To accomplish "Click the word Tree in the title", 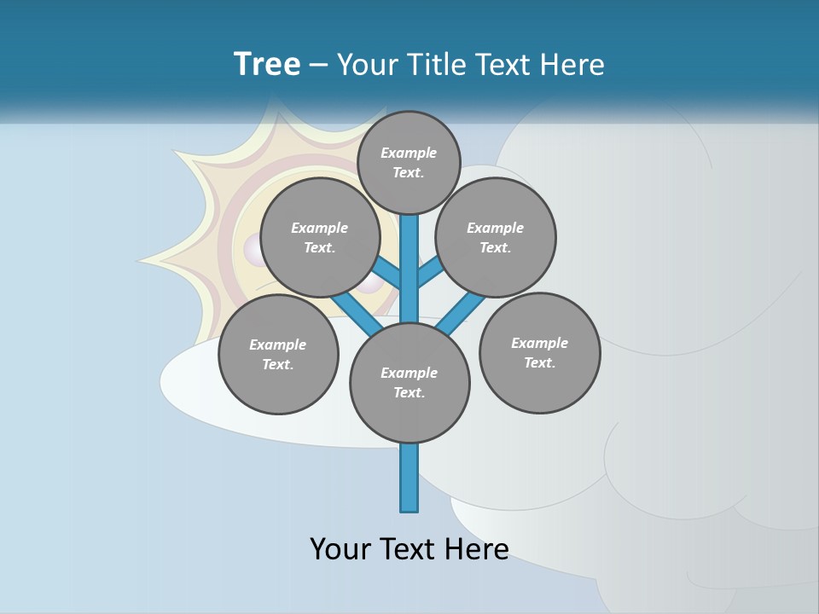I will [x=267, y=64].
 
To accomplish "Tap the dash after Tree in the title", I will [x=318, y=66].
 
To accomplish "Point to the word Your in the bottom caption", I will [x=340, y=548].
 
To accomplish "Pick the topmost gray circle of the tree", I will [x=409, y=163].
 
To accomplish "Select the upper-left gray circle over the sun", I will [x=320, y=238].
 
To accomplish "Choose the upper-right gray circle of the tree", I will [x=496, y=238].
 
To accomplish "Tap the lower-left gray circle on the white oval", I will [x=278, y=355].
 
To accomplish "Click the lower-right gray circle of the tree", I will [x=539, y=353].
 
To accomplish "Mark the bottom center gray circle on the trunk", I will [x=409, y=383].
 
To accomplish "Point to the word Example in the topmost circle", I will [x=409, y=153].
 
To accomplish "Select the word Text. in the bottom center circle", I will [x=409, y=393].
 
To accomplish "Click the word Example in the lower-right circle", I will [x=539, y=343].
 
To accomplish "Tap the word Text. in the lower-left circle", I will [x=278, y=365].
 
